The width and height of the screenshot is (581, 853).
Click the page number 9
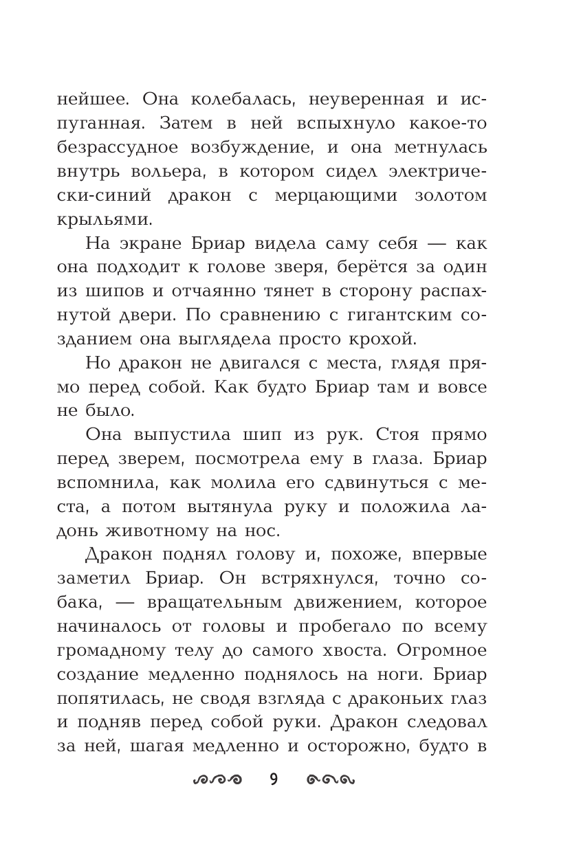273,779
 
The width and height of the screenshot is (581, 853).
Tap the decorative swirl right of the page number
330,779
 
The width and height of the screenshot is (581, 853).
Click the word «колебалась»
235,99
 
